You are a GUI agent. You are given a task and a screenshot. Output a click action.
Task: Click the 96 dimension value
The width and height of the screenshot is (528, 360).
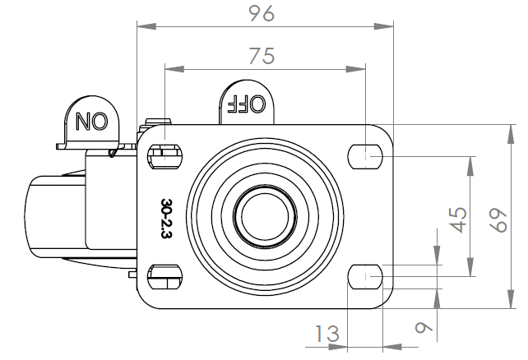click(x=262, y=14)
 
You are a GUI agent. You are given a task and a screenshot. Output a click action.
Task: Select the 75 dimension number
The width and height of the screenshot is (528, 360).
click(x=262, y=56)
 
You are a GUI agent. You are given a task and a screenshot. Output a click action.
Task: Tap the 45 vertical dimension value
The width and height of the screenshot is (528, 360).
click(x=459, y=220)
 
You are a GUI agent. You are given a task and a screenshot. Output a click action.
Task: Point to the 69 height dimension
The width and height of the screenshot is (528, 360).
click(x=498, y=220)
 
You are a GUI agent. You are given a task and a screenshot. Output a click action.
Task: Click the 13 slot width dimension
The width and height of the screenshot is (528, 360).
click(x=327, y=334)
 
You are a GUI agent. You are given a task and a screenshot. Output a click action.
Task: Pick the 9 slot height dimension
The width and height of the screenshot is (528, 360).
click(x=424, y=327)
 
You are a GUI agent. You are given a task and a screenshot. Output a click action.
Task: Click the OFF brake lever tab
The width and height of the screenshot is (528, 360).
click(x=247, y=102)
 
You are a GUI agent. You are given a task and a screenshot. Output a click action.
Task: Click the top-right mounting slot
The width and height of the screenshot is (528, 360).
click(x=365, y=156)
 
